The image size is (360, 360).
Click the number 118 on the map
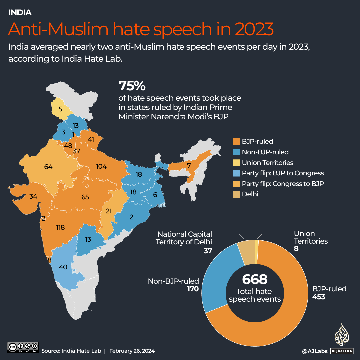(60, 228)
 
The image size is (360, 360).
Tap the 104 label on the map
(101, 166)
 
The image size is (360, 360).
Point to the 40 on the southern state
(63, 267)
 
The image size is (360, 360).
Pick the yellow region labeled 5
(60, 109)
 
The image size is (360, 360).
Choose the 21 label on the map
(108, 211)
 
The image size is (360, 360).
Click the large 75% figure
(132, 86)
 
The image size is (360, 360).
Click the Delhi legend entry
(250, 194)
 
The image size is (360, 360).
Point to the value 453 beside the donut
(319, 297)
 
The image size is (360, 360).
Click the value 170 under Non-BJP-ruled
(193, 289)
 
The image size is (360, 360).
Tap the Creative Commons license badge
(23, 347)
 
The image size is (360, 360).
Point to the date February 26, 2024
(132, 351)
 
